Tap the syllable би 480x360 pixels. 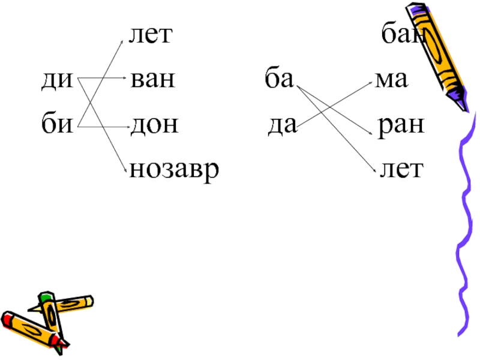coord(56,125)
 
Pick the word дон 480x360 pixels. coord(154,125)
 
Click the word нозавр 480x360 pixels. coord(174,170)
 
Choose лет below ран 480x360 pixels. coord(400,170)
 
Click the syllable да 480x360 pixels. coord(281,125)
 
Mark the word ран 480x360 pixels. coord(400,125)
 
